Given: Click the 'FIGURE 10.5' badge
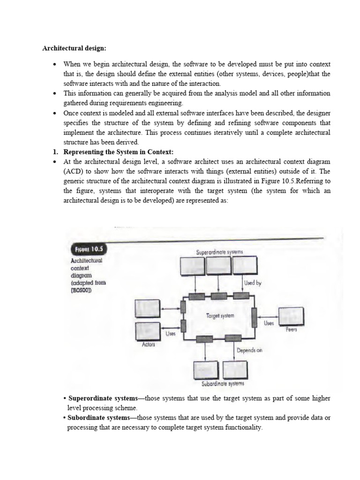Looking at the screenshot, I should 87,249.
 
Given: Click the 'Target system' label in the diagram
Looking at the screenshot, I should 220,316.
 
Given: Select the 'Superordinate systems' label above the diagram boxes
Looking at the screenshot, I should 220,252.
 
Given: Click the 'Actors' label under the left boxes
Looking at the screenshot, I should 148,345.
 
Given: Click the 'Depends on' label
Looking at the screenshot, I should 249,350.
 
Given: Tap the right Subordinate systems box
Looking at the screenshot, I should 235,370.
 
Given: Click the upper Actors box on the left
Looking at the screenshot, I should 147,308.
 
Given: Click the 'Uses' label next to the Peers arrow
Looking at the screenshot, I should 269,323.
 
